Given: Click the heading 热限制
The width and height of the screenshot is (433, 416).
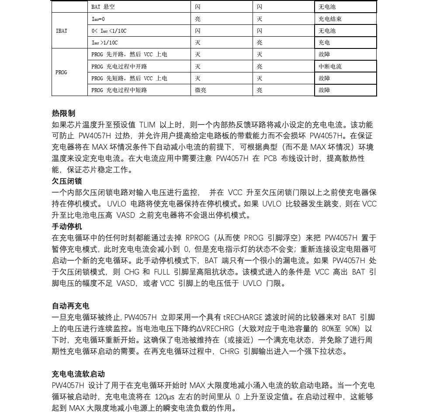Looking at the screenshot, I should click(63, 113).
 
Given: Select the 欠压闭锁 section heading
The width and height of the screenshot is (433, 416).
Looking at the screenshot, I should click(67, 181).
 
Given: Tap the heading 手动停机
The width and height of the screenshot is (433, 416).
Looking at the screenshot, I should click(67, 227).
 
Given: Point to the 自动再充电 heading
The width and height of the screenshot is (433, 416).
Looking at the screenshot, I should click(70, 306).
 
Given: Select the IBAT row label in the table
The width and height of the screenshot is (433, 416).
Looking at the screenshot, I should click(62, 31).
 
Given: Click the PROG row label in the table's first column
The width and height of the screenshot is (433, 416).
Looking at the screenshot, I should click(61, 72).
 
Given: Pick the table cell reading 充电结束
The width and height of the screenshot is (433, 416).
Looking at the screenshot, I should click(330, 19).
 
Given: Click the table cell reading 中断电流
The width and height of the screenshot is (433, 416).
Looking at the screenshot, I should click(330, 67).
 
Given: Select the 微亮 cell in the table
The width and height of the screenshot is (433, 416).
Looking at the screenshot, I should click(201, 90).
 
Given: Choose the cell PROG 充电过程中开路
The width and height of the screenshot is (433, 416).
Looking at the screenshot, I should click(119, 67).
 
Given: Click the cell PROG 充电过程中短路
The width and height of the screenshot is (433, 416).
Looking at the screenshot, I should click(119, 90).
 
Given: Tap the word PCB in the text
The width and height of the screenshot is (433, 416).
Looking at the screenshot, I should click(271, 158).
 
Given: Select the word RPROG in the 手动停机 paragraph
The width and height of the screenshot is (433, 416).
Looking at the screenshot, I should click(197, 238).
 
